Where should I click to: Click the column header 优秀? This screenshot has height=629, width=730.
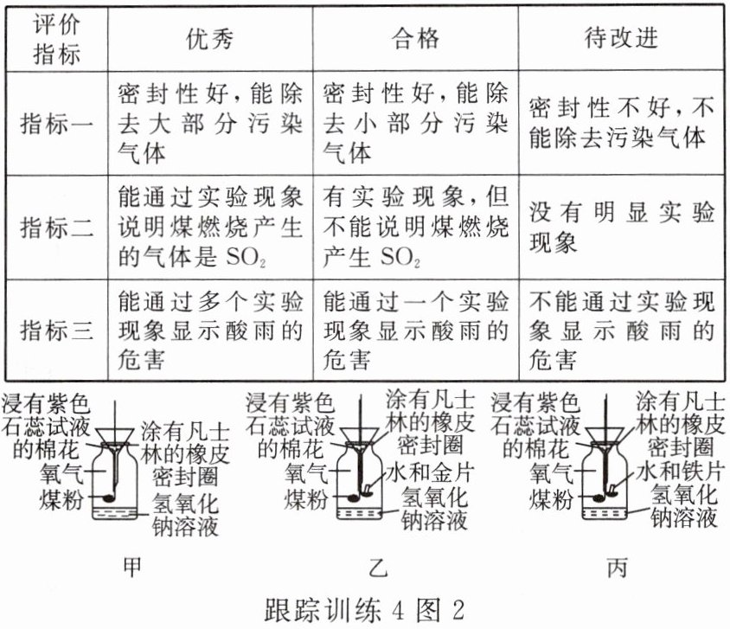[x=210, y=38]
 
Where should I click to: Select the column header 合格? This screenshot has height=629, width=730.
[x=416, y=38]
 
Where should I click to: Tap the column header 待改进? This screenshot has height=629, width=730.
[x=621, y=38]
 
